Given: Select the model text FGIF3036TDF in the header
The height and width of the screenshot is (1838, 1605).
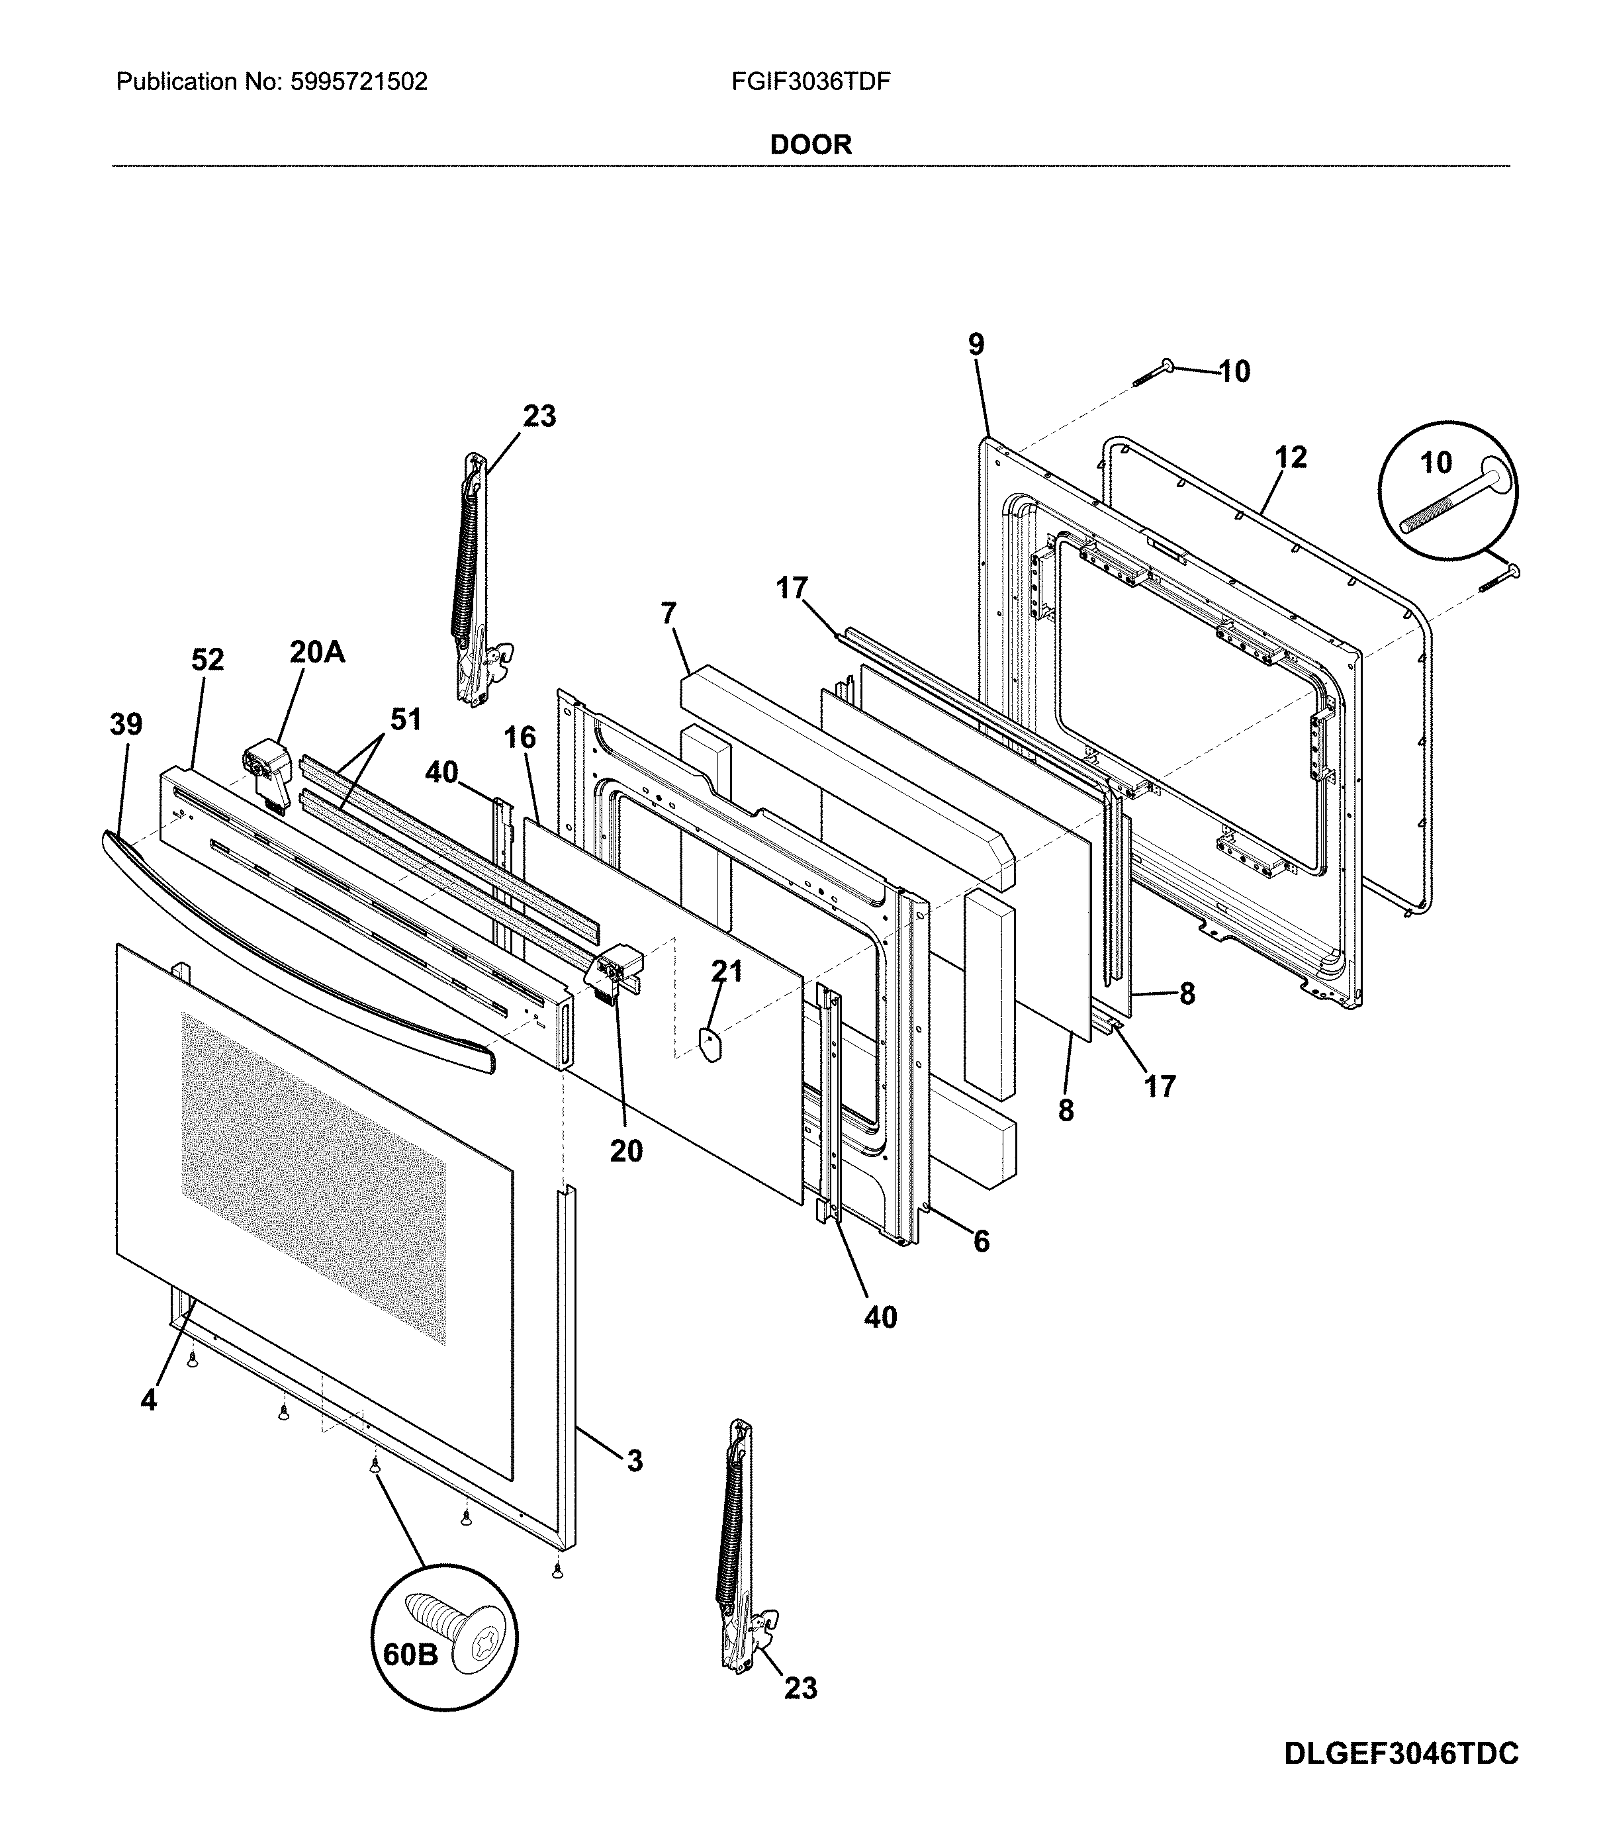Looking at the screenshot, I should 811,83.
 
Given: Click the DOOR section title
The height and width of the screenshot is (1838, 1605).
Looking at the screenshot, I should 811,144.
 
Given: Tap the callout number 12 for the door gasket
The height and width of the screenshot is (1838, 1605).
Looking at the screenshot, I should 1291,458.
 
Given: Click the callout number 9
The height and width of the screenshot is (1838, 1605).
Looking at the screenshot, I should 976,344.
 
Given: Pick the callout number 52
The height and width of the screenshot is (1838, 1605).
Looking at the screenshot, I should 207,659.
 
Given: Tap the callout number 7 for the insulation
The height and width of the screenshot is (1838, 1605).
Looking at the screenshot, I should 668,614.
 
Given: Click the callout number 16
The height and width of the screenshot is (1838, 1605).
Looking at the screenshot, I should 520,737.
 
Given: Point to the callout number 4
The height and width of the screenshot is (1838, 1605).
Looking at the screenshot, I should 149,1401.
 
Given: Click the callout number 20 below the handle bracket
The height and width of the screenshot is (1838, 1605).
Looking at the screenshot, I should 626,1150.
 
